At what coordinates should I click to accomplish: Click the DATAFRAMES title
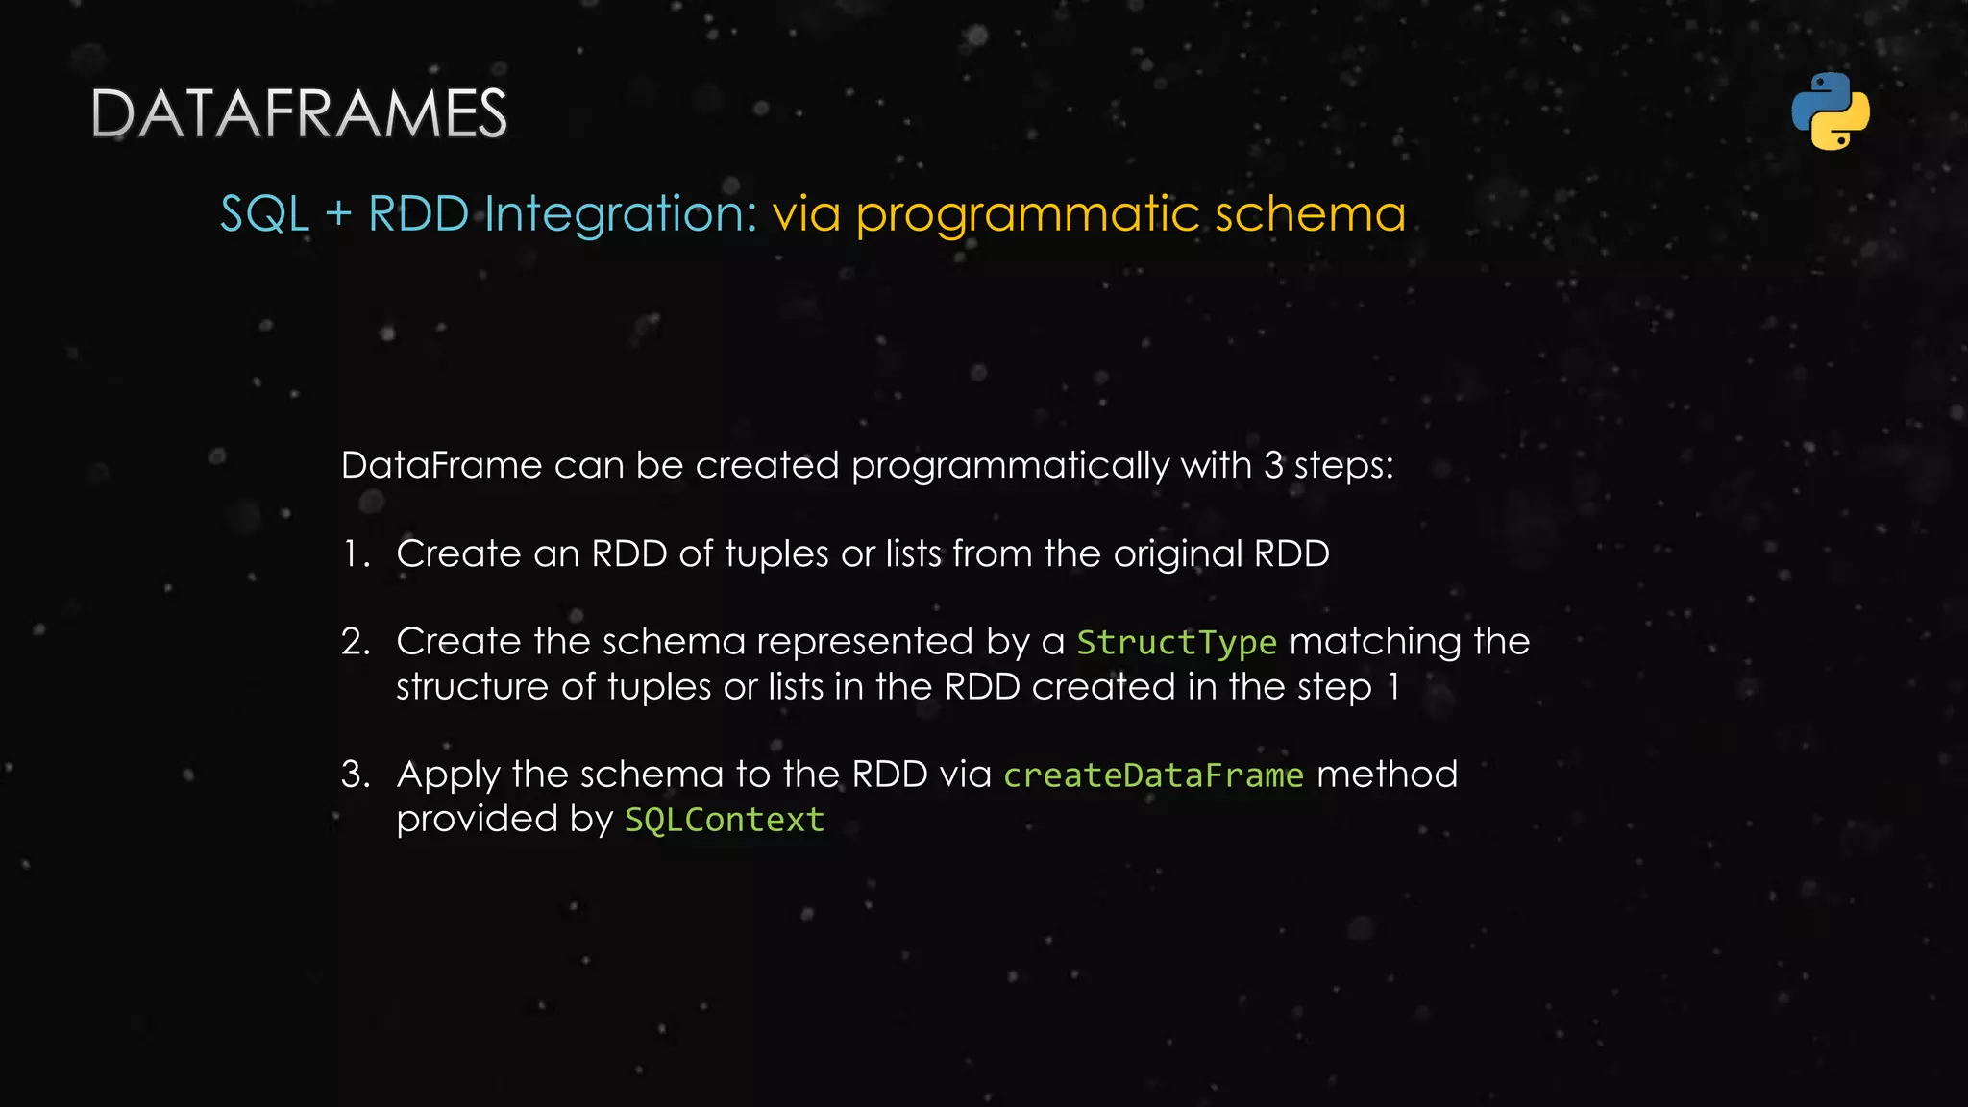[299, 113]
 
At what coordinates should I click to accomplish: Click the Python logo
[1831, 111]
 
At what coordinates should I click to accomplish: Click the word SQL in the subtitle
[265, 213]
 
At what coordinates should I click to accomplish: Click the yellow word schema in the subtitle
[1310, 213]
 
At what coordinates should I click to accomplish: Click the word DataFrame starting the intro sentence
[441, 466]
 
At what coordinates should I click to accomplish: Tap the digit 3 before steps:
[1273, 466]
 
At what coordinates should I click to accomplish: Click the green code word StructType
[1176, 642]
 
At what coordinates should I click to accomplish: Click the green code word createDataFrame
[1153, 775]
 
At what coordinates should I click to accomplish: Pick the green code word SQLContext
[725, 820]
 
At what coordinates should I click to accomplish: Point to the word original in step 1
[1178, 554]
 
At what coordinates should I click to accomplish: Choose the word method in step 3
[1387, 775]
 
